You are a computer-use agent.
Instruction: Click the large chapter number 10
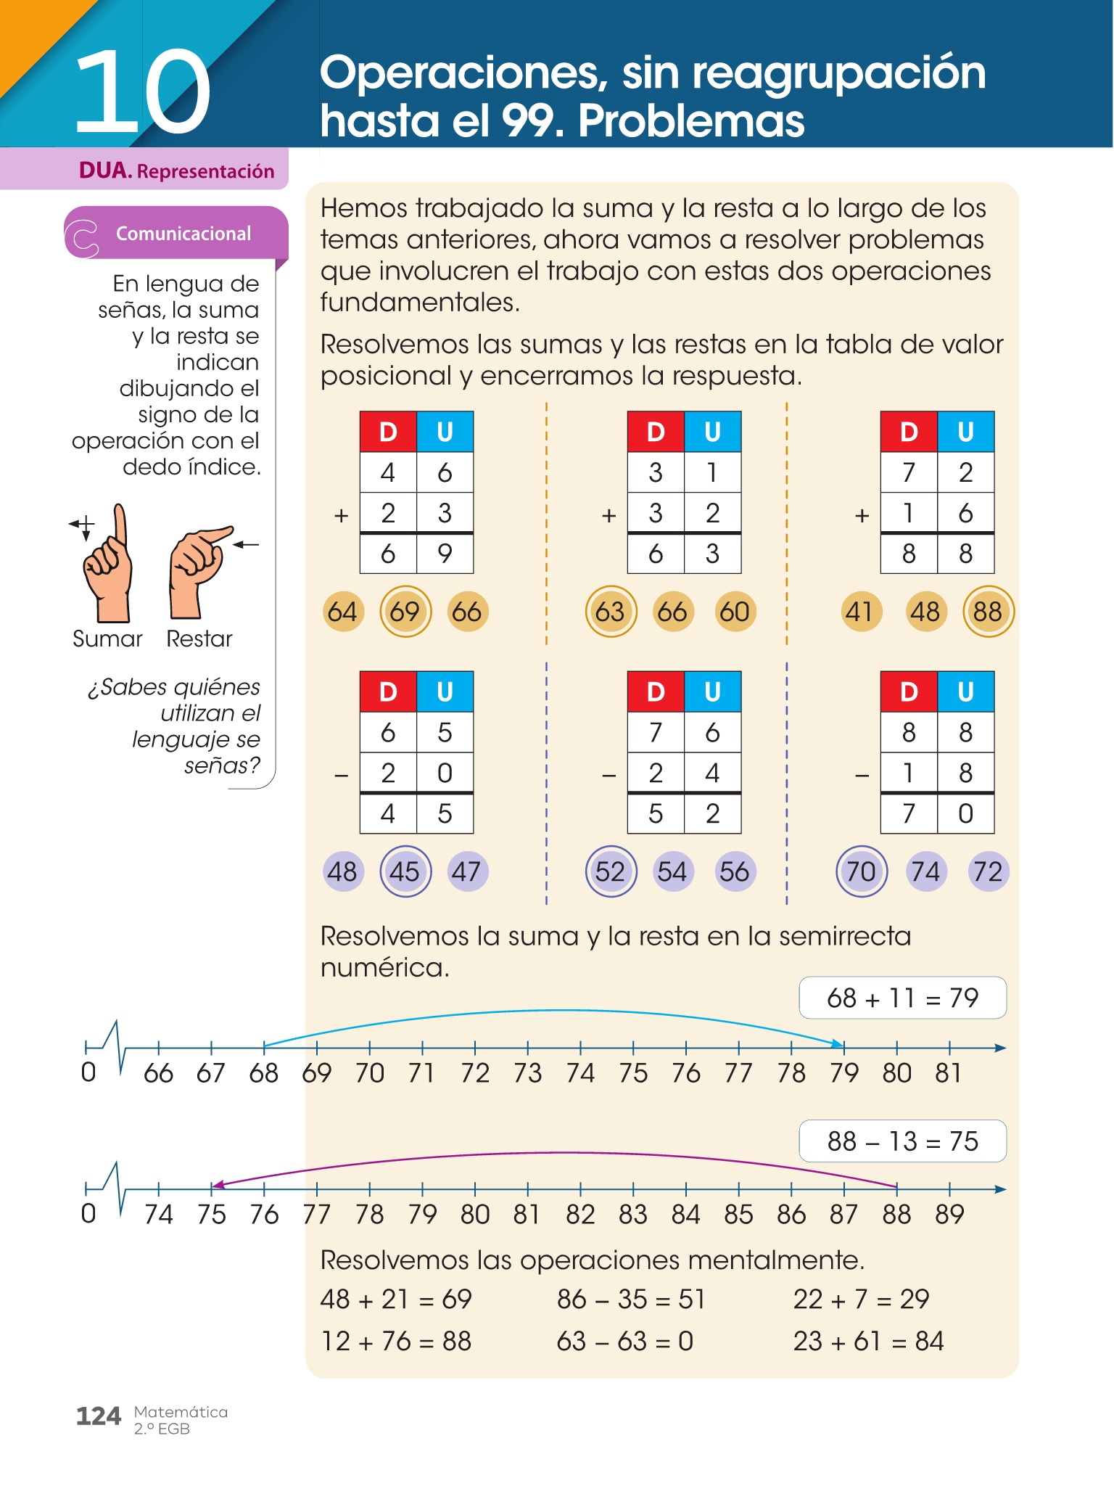142,93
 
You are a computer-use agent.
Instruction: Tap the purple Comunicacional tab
176,234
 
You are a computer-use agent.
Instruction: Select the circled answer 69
405,612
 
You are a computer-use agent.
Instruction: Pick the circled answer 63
610,612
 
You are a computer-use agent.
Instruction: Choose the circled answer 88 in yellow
987,612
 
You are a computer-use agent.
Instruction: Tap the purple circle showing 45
405,871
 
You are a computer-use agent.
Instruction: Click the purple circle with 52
610,871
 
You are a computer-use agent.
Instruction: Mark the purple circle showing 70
861,871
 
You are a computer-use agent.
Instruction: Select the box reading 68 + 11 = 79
902,998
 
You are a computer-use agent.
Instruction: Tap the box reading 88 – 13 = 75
902,1141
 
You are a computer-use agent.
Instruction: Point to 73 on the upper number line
527,1073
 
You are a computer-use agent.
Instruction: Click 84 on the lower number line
685,1215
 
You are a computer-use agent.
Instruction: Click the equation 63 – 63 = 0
624,1342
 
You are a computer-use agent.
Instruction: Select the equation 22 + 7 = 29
861,1300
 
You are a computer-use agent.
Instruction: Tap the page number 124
98,1416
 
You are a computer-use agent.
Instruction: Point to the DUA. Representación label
176,171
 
